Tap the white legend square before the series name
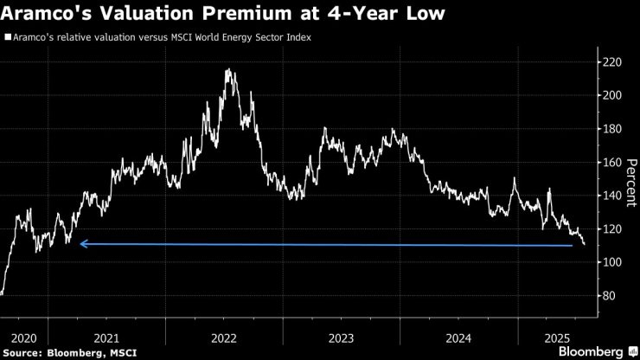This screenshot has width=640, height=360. pos(8,38)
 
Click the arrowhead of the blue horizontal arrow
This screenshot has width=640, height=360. pos(83,244)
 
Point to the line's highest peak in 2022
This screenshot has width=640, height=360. pos(227,70)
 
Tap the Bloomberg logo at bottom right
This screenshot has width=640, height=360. pos(591,352)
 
